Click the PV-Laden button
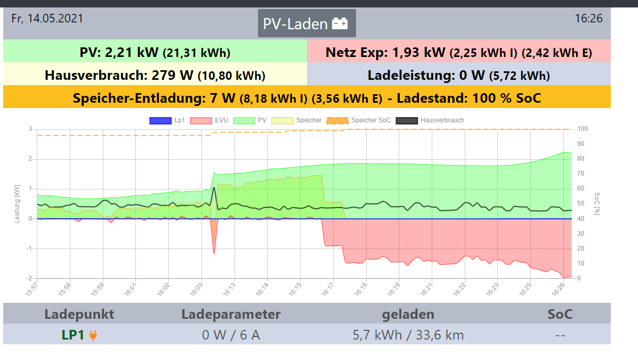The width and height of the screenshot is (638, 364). pos(306,23)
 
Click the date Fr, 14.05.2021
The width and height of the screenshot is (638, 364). pos(47,18)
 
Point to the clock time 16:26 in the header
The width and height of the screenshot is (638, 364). pos(588,18)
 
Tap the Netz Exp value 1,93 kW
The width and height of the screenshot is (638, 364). pos(418,52)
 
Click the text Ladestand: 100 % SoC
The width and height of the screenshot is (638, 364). pos(469,98)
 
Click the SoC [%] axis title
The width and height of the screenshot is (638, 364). pos(597,204)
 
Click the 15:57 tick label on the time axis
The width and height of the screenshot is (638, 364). pos(33,289)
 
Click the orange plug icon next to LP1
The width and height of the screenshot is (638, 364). pos(93,335)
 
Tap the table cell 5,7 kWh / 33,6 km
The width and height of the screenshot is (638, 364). pos(408,335)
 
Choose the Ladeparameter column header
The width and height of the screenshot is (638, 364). pos(231,314)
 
